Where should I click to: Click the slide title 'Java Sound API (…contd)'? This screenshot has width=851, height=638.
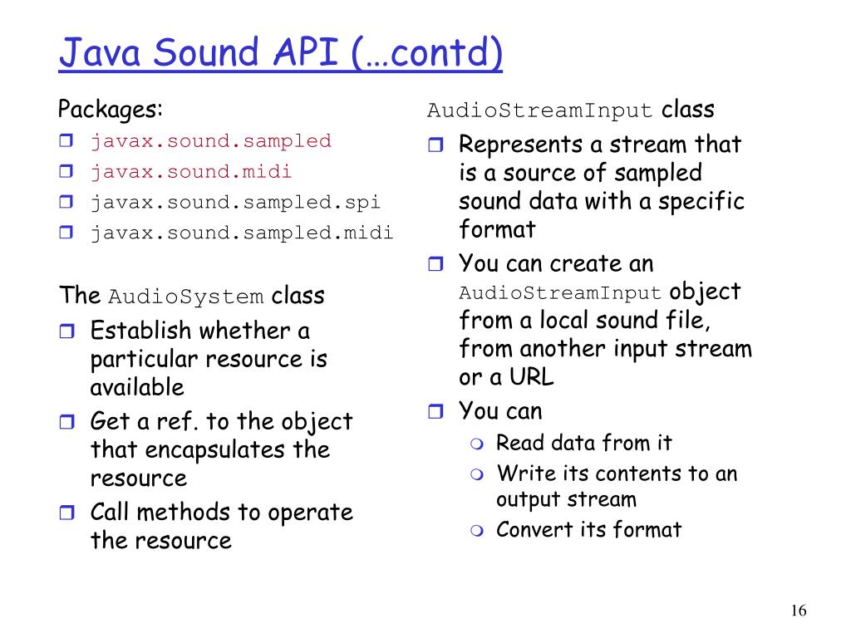(281, 52)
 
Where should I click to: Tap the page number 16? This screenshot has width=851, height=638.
(799, 611)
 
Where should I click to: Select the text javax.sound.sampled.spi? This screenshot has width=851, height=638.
(235, 202)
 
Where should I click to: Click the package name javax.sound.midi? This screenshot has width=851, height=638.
(191, 172)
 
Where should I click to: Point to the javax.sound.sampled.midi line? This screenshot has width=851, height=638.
(242, 233)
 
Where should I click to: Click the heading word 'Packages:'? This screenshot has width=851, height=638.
(111, 110)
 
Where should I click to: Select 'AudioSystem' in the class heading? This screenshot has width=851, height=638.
(186, 297)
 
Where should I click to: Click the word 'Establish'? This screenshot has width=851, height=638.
(140, 331)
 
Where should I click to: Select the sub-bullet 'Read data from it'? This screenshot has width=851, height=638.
(583, 443)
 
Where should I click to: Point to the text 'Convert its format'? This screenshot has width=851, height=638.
(588, 529)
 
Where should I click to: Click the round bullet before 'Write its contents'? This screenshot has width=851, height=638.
(475, 474)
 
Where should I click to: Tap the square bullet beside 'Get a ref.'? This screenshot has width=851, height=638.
(66, 423)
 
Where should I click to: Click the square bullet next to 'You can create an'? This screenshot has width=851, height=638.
(435, 265)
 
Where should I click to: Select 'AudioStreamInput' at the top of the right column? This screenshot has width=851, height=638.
(539, 110)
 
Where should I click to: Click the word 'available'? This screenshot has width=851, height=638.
(137, 387)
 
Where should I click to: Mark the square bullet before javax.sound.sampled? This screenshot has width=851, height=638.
(66, 142)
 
